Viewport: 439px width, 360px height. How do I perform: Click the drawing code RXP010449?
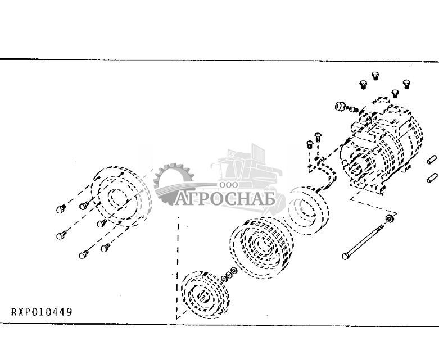point(42,312)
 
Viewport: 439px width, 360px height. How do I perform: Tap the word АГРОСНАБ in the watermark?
point(224,199)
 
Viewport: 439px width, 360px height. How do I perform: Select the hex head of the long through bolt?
point(345,256)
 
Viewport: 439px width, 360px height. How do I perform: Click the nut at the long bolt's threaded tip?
point(389,217)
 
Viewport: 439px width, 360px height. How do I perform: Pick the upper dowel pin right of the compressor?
point(432,160)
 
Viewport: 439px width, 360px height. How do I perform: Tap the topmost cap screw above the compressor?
point(375,75)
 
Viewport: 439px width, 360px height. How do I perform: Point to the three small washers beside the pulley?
point(228,275)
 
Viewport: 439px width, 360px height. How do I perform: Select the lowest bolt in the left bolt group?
point(83,254)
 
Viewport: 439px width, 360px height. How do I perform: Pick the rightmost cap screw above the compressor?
point(406,84)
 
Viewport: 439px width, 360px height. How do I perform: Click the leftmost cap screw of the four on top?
point(363,84)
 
